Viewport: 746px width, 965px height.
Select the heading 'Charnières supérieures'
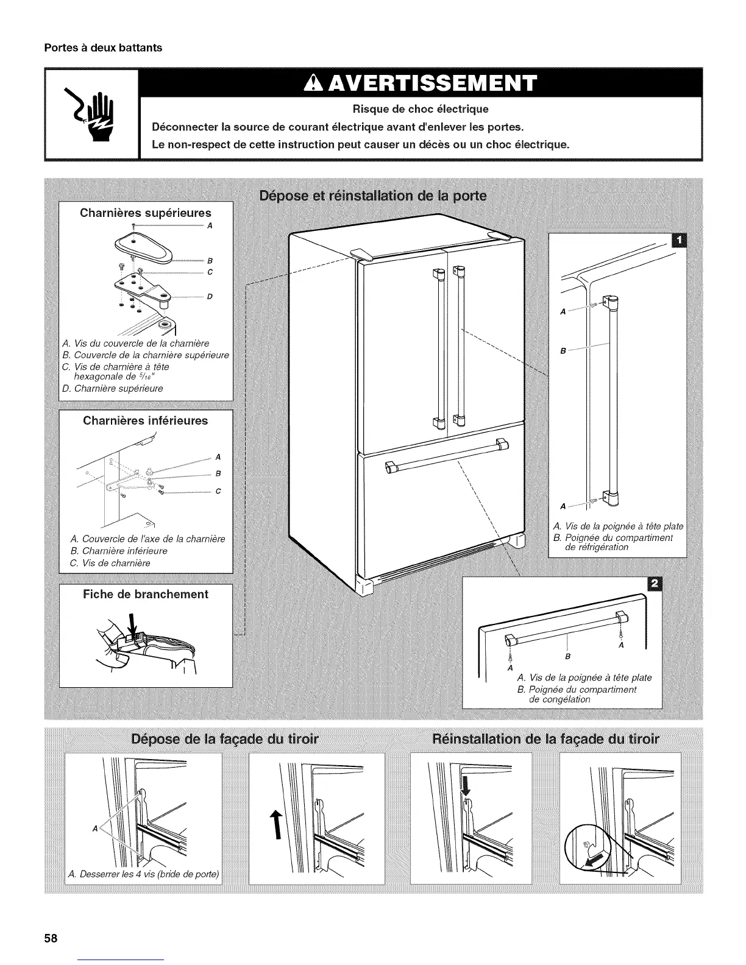(146, 213)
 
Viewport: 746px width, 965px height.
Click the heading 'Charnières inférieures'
(146, 420)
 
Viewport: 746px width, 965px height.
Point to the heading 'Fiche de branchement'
(146, 594)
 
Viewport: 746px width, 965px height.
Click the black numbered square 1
(677, 241)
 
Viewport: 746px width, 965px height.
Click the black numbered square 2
(655, 584)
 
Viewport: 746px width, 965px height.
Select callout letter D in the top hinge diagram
(210, 297)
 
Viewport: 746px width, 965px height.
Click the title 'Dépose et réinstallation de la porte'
(373, 196)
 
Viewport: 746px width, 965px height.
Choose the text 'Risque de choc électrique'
(421, 110)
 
